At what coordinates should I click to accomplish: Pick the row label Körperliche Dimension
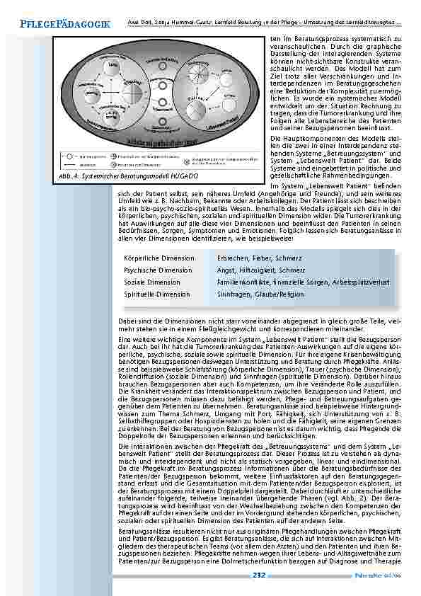coord(158,258)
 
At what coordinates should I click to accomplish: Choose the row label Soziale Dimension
coord(154,281)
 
